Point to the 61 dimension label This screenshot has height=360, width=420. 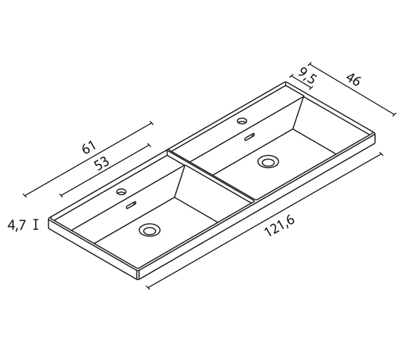(x=88, y=147)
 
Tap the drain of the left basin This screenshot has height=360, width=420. (x=149, y=230)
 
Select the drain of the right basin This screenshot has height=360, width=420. (x=268, y=161)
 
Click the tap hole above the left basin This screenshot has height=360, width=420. (x=121, y=192)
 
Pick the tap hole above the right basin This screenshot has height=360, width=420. (x=242, y=121)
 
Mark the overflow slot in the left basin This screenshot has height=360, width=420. (x=131, y=205)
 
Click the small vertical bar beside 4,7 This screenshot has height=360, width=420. (x=36, y=225)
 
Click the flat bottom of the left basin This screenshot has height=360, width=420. (x=162, y=222)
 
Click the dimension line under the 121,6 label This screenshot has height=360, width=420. (x=265, y=221)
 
